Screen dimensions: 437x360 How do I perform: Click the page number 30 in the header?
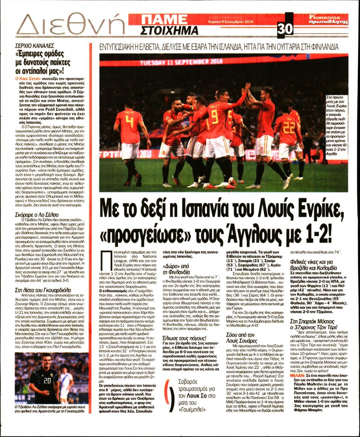285,29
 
